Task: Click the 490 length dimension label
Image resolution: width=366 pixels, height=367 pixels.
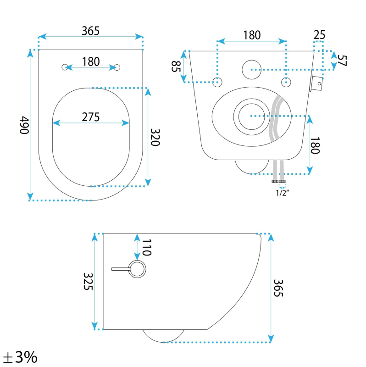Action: point(24,125)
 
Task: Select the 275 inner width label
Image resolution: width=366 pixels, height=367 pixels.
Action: point(91,117)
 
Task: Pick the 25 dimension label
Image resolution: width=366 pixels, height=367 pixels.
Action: point(320,35)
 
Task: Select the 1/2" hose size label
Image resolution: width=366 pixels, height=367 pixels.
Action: point(282,193)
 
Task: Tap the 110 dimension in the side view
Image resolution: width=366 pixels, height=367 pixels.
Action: point(146,248)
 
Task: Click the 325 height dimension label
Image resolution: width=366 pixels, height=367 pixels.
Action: point(88,281)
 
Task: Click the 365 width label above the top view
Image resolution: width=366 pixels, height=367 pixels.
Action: point(90,31)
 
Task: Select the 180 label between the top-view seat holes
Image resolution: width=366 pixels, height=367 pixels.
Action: point(91,62)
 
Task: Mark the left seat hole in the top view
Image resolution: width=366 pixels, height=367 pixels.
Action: point(65,67)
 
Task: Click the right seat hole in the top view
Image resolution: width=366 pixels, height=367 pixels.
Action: point(117,67)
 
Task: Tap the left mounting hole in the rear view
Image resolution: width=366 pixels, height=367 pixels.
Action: point(218,82)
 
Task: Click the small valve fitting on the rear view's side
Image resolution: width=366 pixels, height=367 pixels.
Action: point(316,83)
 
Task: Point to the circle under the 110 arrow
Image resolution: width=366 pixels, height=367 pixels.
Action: point(137,269)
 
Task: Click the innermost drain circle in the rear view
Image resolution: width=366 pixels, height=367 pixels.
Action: point(251,116)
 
